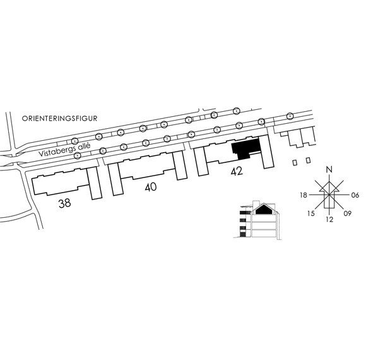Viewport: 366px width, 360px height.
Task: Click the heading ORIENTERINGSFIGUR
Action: pos(59,119)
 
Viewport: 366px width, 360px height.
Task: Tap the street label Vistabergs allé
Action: pos(64,150)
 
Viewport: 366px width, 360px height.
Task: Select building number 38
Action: pos(64,203)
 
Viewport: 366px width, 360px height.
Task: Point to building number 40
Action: pos(151,187)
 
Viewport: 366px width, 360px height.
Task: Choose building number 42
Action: pos(237,171)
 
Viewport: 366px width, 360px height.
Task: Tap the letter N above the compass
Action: pos(329,170)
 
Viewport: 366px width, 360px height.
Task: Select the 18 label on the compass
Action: pos(304,195)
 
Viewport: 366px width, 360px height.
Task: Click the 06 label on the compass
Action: pos(355,195)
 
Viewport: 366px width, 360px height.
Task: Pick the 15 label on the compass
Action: pos(310,213)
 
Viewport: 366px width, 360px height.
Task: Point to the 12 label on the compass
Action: pos(329,219)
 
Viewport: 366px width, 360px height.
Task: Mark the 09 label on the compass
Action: pos(348,213)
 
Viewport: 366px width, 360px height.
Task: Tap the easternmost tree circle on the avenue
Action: pos(290,116)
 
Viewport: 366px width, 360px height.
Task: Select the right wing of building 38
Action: pos(94,184)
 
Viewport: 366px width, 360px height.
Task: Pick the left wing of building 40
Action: pos(115,179)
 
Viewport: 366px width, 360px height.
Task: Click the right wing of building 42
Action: pos(266,152)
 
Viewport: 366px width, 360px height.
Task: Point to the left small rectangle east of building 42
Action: pos(295,162)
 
